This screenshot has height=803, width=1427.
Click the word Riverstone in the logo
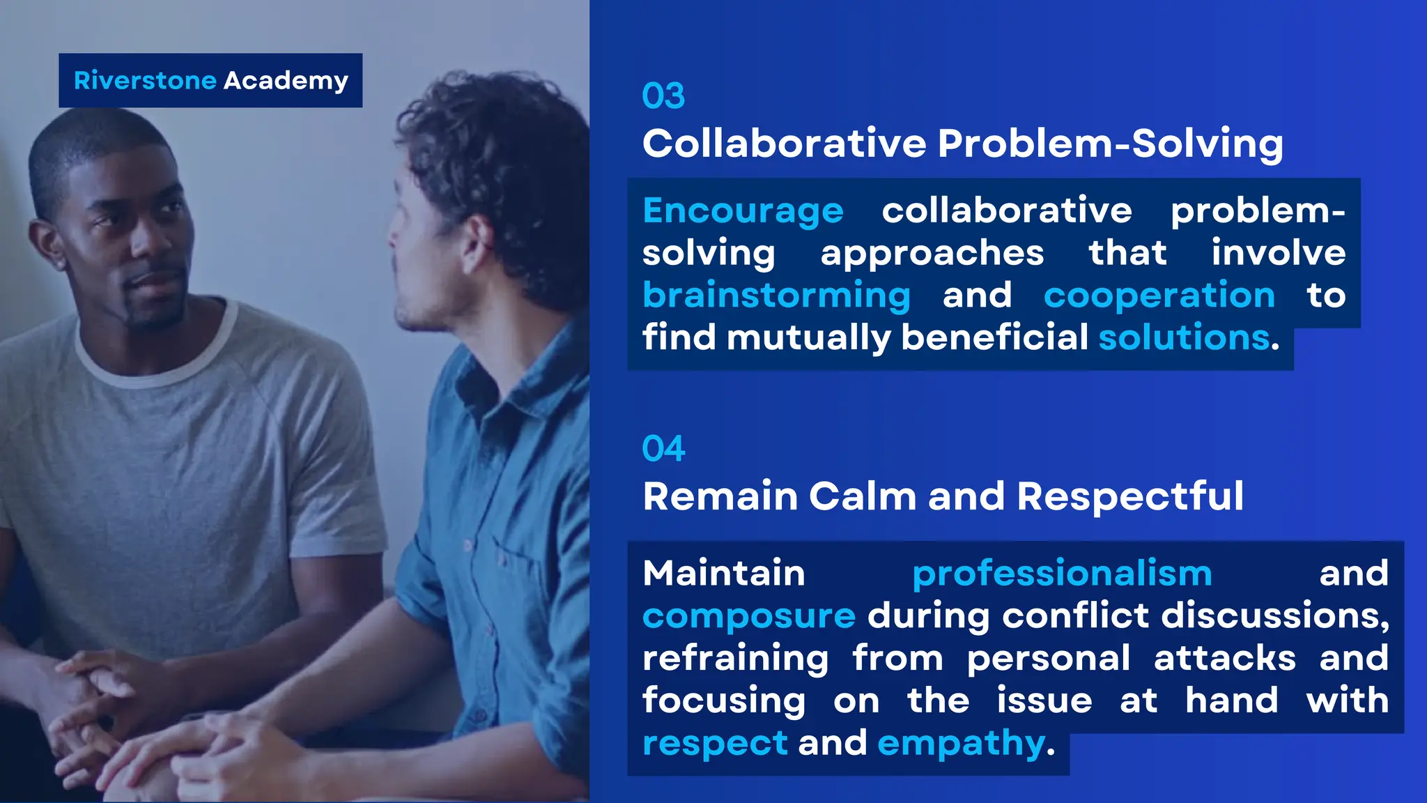(145, 81)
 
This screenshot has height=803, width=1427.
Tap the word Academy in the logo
(286, 81)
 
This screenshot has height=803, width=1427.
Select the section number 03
(663, 96)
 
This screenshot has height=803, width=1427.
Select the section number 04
(663, 449)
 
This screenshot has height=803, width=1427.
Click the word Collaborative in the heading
(785, 144)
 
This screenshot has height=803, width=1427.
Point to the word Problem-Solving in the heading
(1110, 144)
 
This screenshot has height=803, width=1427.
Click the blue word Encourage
(743, 211)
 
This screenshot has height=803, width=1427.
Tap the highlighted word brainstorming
(776, 296)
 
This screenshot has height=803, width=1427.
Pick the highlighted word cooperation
(1159, 296)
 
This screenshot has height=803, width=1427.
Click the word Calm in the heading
(863, 496)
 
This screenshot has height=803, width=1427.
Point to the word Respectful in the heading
(1130, 496)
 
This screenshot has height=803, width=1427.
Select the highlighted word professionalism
(1062, 574)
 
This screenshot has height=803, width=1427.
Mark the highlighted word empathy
(962, 744)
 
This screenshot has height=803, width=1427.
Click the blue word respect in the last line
(715, 744)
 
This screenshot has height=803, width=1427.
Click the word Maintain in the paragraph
(723, 574)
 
